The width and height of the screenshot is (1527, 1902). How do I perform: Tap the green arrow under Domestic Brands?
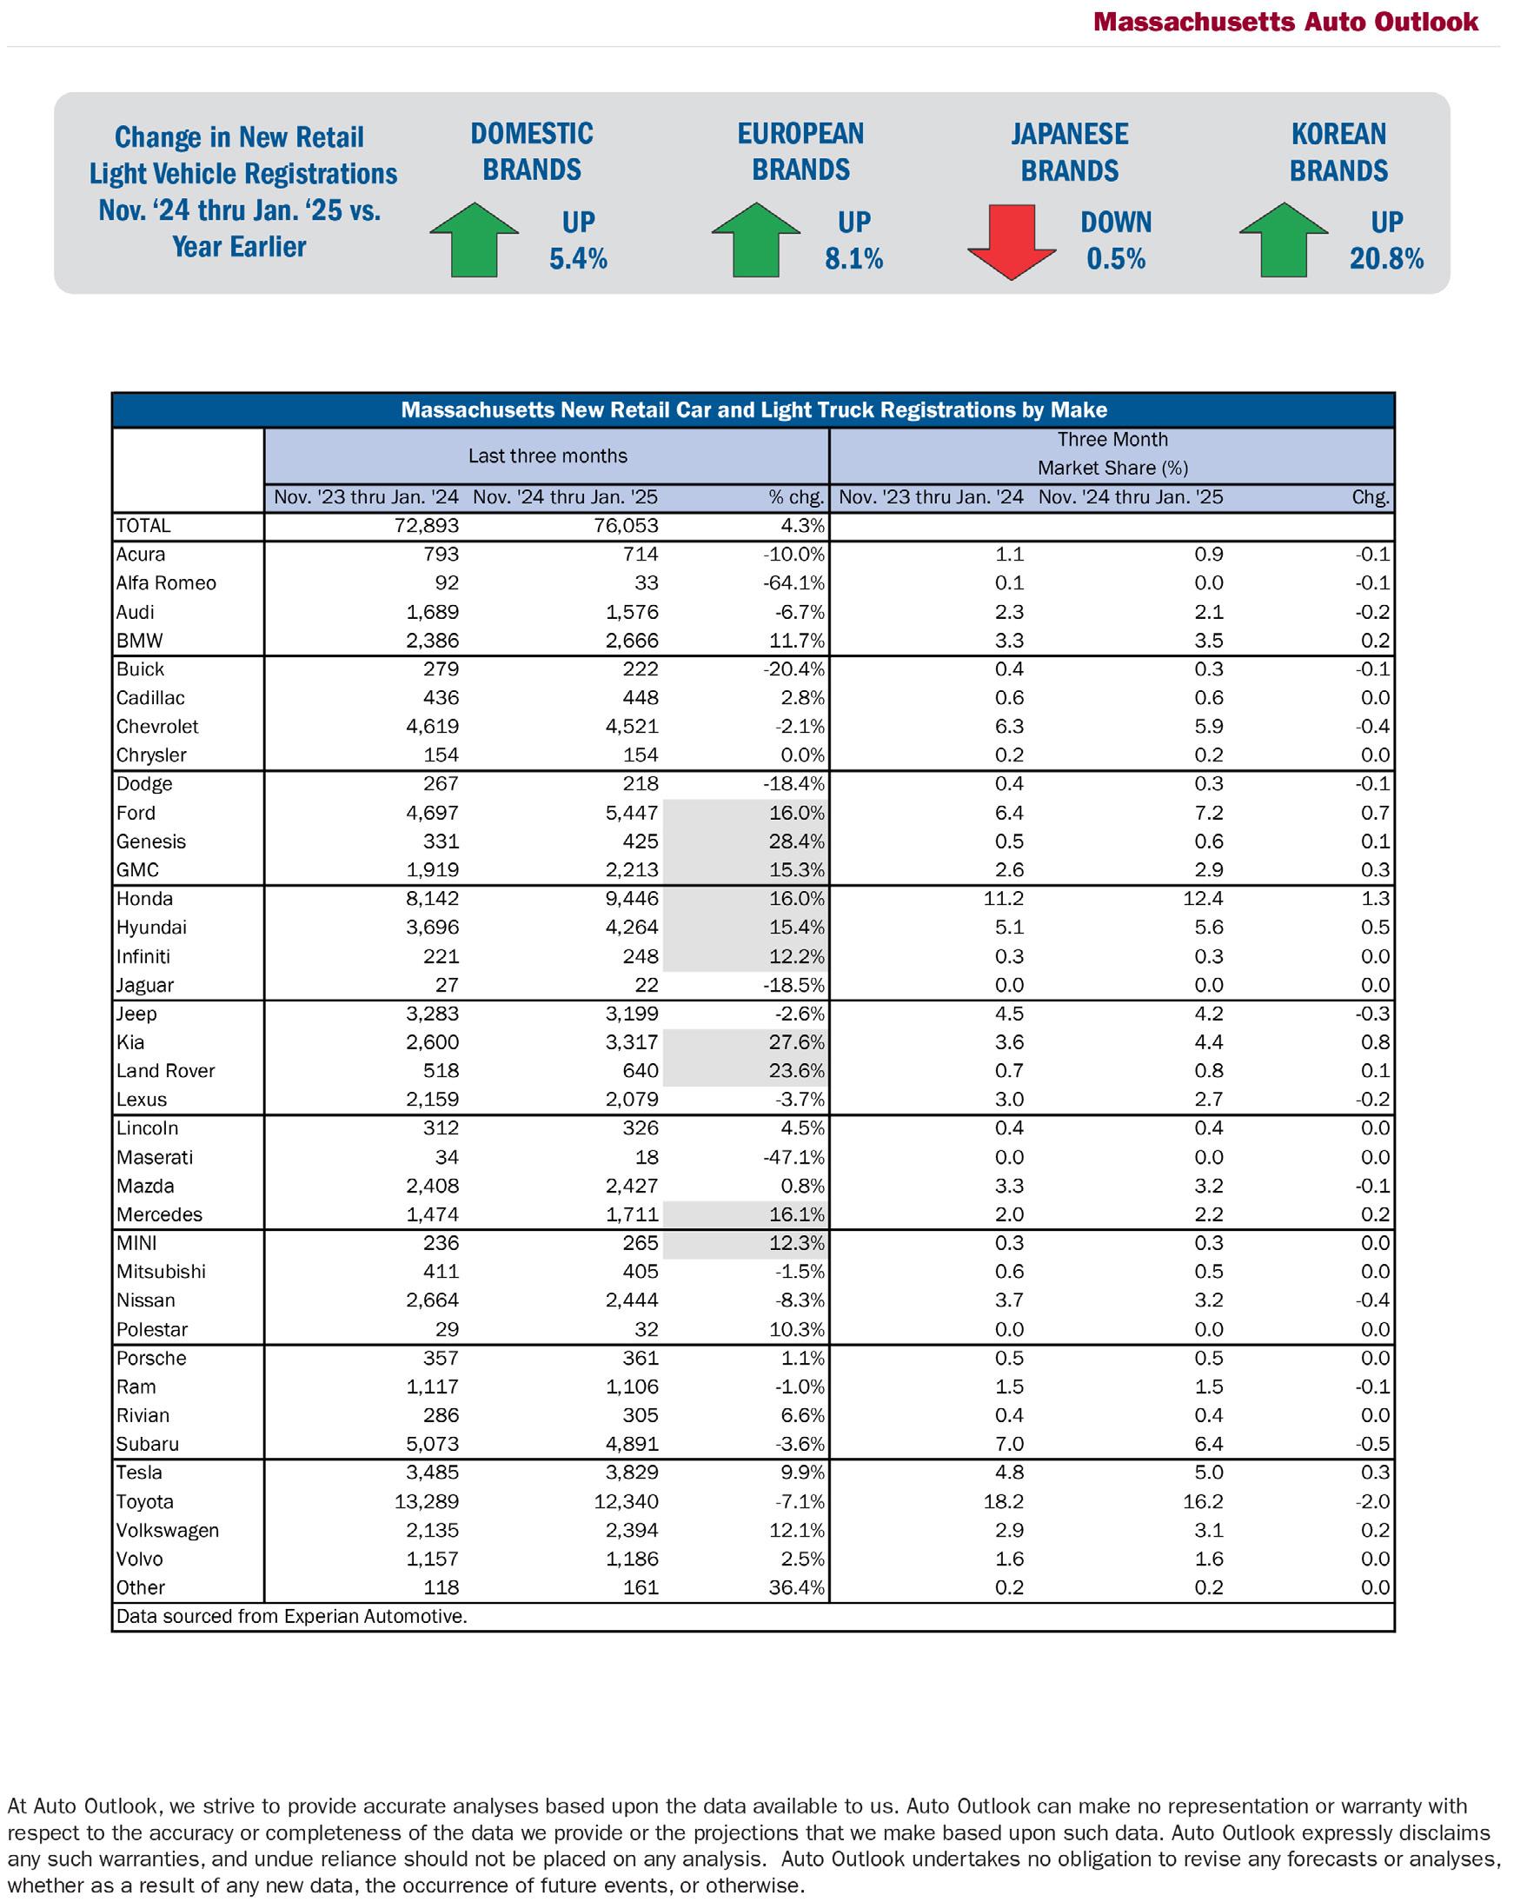coord(475,239)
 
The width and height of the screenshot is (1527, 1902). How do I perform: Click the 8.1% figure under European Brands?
coord(853,258)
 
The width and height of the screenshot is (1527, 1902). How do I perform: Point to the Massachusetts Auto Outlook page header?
coord(1285,22)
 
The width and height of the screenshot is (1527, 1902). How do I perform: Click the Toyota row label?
coord(144,1501)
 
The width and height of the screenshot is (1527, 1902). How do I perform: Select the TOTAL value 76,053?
coord(627,526)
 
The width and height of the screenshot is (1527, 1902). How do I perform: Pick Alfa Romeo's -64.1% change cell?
coord(797,583)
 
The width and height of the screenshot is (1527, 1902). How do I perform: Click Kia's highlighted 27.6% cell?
coord(797,1042)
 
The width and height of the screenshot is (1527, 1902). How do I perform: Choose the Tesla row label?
coord(139,1473)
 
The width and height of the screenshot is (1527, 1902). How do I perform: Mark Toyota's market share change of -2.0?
coord(1372,1501)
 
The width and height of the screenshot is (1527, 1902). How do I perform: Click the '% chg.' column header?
coord(797,497)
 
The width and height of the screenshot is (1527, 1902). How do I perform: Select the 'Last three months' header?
coord(547,456)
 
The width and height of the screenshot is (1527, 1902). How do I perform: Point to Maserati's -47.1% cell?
coord(795,1157)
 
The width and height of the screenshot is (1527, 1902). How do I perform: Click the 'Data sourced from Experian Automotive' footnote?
coord(291,1616)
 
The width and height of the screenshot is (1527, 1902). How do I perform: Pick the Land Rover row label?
coord(166,1071)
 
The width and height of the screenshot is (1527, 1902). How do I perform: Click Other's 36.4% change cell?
coord(797,1587)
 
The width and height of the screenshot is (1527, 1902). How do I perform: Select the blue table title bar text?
coord(754,410)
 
